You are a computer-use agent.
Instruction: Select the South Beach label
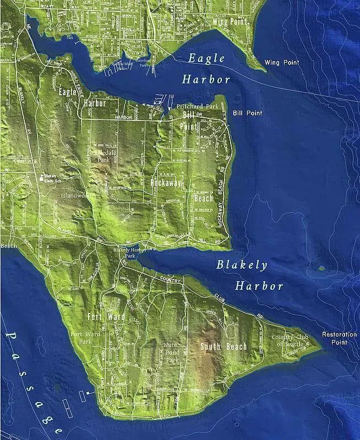[x=223, y=346]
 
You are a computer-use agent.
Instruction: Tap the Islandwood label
[x=75, y=195]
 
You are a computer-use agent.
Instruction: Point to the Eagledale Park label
[x=103, y=155]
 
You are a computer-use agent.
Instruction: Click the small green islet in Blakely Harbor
[x=321, y=268]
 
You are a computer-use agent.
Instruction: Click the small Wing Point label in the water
[x=281, y=63]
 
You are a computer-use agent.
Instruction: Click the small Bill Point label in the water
[x=247, y=113]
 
